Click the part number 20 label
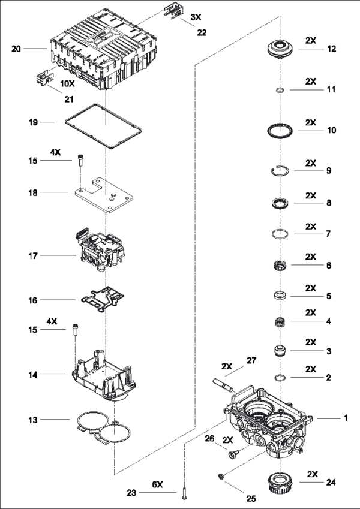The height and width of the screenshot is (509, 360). pyautogui.click(x=16, y=49)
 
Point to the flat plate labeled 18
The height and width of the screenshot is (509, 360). pyautogui.click(x=104, y=195)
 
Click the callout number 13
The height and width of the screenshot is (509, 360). pyautogui.click(x=33, y=420)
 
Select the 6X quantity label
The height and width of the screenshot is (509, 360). pyautogui.click(x=158, y=484)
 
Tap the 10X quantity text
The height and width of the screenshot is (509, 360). pyautogui.click(x=67, y=83)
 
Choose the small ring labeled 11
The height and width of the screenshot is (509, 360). pyautogui.click(x=280, y=89)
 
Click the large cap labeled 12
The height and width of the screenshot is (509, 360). pyautogui.click(x=280, y=49)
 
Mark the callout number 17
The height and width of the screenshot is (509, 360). pyautogui.click(x=33, y=256)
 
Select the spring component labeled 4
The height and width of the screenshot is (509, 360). pyautogui.click(x=280, y=323)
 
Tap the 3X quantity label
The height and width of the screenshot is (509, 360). pyautogui.click(x=196, y=17)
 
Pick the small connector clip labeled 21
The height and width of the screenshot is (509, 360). pyautogui.click(x=45, y=79)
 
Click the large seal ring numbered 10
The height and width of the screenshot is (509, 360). pyautogui.click(x=280, y=131)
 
